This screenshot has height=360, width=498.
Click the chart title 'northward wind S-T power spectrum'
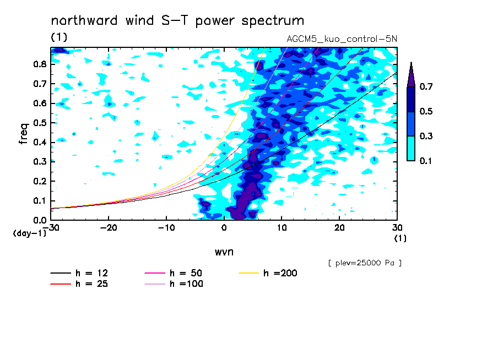(x=177, y=20)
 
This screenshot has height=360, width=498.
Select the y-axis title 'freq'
(x=24, y=134)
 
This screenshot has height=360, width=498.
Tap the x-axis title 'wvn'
(x=224, y=252)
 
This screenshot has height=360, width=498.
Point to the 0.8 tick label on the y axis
(x=40, y=64)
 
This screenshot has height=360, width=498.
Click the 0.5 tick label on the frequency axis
(x=40, y=123)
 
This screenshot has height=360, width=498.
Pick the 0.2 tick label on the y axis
(x=40, y=181)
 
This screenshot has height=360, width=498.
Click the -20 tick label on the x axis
(x=109, y=228)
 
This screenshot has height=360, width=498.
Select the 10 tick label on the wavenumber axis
(x=282, y=228)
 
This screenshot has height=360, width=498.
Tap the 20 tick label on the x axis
(x=339, y=228)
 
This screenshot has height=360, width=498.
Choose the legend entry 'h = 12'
(x=79, y=273)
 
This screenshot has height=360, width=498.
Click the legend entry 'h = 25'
(x=79, y=283)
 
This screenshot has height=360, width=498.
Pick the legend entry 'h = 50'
(x=174, y=273)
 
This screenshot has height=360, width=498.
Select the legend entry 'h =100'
(x=174, y=283)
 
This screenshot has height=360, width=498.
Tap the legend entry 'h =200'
(x=268, y=273)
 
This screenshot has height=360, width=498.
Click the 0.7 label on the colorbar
(x=426, y=86)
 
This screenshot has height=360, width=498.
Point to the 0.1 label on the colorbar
(x=426, y=161)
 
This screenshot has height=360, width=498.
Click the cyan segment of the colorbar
(x=411, y=148)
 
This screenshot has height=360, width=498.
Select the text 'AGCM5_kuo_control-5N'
(x=342, y=39)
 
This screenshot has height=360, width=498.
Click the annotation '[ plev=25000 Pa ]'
(x=365, y=263)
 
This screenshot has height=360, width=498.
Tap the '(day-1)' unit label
(x=29, y=233)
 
